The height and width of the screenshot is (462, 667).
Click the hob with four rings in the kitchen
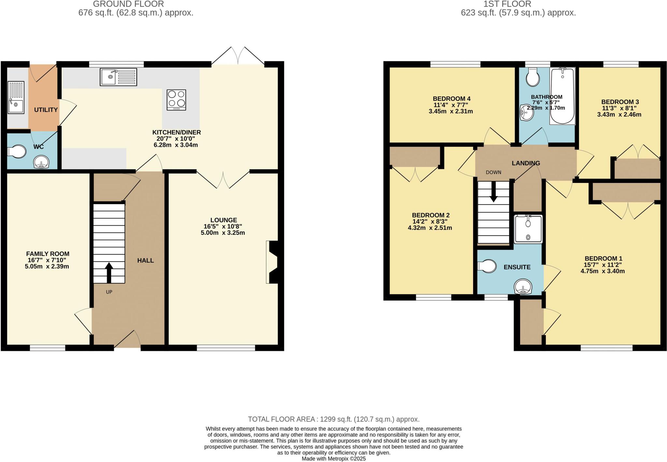pyautogui.click(x=177, y=100)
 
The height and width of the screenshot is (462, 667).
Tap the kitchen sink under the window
pyautogui.click(x=118, y=77)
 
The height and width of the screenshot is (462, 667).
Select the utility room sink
pyautogui.click(x=16, y=98)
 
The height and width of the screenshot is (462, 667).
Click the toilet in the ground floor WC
pyautogui.click(x=17, y=152)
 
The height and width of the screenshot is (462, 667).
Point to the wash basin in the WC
pyautogui.click(x=41, y=162)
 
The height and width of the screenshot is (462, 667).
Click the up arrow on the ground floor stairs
pyautogui.click(x=109, y=272)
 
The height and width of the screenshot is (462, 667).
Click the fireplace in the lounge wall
pyautogui.click(x=272, y=262)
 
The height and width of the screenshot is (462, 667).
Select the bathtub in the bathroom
pyautogui.click(x=562, y=96)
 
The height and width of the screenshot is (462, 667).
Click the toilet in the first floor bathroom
pyautogui.click(x=533, y=77)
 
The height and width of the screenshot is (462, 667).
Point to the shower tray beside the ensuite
pyautogui.click(x=528, y=229)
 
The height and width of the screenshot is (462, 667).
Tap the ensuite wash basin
pyautogui.click(x=523, y=287)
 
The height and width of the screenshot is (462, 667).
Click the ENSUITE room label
pyautogui.click(x=517, y=267)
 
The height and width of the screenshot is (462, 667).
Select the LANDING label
pyautogui.click(x=526, y=163)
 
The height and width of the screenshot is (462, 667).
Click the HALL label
pyautogui.click(x=145, y=260)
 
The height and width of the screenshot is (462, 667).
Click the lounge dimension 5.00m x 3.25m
pyautogui.click(x=223, y=233)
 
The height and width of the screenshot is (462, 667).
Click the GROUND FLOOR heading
pyautogui.click(x=128, y=4)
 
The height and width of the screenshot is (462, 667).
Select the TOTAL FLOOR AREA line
pyautogui.click(x=333, y=419)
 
